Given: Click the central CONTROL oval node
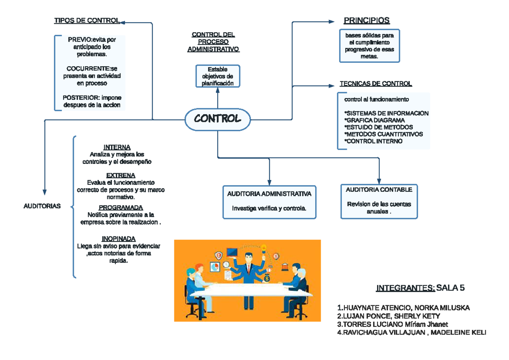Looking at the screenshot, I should coord(218,119).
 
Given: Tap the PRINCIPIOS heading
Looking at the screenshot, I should coord(366,21).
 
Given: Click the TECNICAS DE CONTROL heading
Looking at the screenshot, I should coord(375,84).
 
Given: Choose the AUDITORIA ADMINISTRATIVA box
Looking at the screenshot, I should coord(269,202).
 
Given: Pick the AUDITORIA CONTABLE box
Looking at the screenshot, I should coord(379,201).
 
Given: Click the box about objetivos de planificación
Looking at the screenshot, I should coord(218,76).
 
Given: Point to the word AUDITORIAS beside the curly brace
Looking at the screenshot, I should coord(42,206).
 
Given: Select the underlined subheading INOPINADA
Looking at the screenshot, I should coord(119,239).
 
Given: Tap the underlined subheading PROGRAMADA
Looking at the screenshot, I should coord(120,208).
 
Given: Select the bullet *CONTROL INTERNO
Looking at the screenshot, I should coord(373,141).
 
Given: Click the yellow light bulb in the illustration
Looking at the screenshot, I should coord(263,247).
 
